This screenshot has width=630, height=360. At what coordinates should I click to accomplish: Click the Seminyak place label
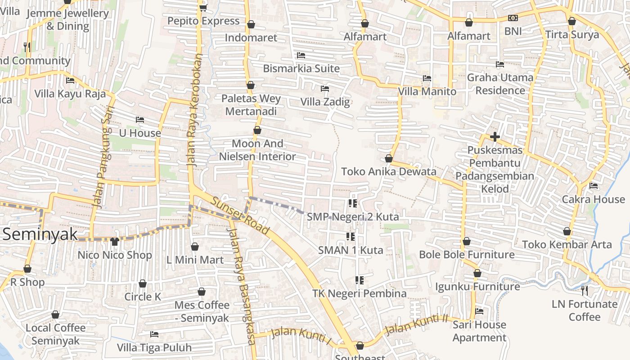(40, 234)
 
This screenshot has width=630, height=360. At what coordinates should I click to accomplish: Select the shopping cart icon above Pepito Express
(203, 8)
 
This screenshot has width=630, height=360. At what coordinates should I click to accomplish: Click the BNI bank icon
(513, 18)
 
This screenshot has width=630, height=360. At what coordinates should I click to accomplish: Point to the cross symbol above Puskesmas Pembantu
(495, 137)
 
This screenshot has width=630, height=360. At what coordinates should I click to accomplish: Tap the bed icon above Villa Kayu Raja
(70, 81)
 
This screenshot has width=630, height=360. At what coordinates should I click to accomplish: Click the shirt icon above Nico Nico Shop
(114, 242)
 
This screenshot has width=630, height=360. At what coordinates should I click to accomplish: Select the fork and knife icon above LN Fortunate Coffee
(584, 291)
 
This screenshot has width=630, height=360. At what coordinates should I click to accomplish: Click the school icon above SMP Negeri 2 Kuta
(352, 203)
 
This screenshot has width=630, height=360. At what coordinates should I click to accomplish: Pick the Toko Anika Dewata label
(389, 171)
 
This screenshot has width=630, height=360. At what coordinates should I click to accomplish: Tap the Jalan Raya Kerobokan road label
(194, 111)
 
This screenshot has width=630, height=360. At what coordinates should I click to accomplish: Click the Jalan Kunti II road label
(417, 324)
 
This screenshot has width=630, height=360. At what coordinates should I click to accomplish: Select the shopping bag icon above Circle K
(143, 283)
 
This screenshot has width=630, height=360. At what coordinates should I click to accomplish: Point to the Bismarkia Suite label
(301, 68)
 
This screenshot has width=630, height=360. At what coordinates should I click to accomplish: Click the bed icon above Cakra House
(594, 185)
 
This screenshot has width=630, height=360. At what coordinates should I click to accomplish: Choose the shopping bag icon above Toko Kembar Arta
(567, 231)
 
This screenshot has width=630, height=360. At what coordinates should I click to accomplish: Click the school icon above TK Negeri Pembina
(359, 280)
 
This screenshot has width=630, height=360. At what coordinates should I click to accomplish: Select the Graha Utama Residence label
(500, 84)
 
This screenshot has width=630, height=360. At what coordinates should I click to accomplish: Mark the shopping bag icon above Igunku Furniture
(477, 273)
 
